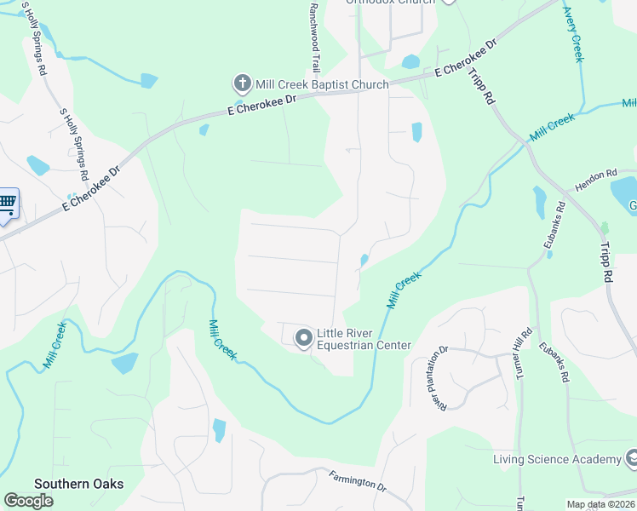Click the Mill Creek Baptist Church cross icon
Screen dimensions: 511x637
point(242,84)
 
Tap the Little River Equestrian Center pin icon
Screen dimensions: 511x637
point(303,339)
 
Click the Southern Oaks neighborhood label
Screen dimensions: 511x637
point(78,484)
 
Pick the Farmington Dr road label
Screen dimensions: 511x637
point(358,481)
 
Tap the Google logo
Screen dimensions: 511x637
point(28,500)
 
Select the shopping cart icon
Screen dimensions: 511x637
point(7,203)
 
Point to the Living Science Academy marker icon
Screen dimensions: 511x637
point(631,459)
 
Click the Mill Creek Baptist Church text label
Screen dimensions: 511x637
point(323,84)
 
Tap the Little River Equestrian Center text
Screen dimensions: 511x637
point(364,339)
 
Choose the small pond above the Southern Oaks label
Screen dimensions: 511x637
point(124,363)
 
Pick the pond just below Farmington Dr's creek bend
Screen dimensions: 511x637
point(220,429)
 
